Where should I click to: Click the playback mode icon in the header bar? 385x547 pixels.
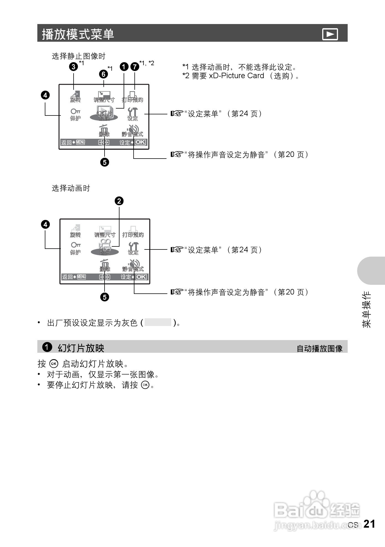tap(330, 34)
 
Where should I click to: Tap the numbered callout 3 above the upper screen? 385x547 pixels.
tap(73, 67)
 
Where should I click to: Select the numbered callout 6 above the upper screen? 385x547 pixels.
tap(103, 74)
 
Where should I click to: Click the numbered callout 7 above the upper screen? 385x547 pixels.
tap(135, 67)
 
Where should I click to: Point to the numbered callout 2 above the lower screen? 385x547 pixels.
tap(119, 201)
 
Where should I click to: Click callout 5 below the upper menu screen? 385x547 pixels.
tap(105, 162)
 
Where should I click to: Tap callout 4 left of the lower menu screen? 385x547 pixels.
tap(45, 224)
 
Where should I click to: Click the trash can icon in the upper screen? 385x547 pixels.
tap(104, 129)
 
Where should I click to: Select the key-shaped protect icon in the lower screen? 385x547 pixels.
tap(76, 245)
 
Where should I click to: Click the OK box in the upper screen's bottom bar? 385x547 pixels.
tap(141, 142)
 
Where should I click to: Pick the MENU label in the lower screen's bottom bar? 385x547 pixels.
tap(82, 277)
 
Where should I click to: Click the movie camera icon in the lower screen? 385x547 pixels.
tap(105, 245)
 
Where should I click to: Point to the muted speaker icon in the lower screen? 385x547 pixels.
tap(134, 264)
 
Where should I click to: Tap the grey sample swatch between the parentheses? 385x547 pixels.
tap(158, 322)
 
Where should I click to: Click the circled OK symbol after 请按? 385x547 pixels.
tap(145, 385)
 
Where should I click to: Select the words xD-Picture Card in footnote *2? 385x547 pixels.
tap(236, 76)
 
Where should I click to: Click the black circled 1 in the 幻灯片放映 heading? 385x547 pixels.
tap(47, 347)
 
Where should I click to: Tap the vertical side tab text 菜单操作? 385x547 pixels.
tap(367, 309)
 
